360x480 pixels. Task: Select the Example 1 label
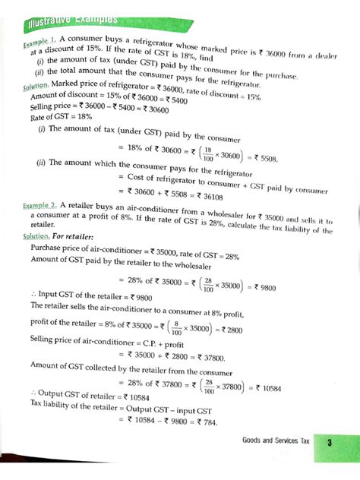[x=35, y=44]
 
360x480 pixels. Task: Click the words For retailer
[x=73, y=235]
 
